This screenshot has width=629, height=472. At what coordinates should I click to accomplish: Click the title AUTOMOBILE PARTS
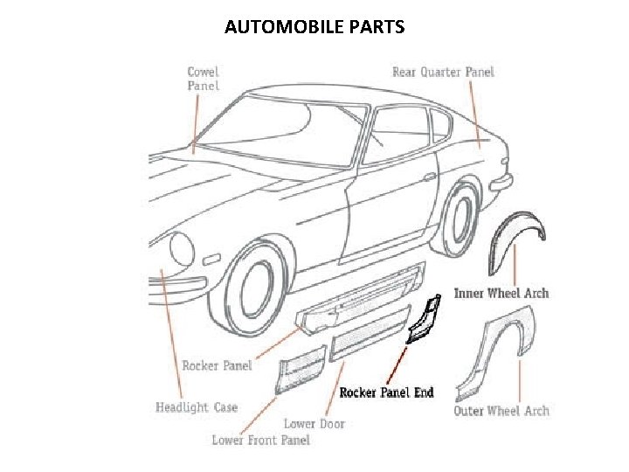[314, 27]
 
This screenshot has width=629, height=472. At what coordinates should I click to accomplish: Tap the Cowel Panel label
[203, 79]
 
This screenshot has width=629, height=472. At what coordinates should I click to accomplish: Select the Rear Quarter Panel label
[443, 72]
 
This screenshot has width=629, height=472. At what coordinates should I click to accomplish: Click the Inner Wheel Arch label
[501, 294]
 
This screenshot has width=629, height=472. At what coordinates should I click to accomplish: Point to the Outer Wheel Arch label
[501, 411]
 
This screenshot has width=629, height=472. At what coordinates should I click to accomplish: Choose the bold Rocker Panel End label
[386, 392]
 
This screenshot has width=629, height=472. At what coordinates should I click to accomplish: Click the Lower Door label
[314, 424]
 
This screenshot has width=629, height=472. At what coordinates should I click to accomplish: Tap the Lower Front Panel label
[260, 440]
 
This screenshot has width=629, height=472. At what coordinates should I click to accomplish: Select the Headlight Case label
[196, 407]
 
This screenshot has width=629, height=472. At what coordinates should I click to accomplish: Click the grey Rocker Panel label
[217, 365]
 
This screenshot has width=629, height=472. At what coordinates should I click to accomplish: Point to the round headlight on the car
[182, 248]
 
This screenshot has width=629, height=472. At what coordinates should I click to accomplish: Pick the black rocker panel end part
[423, 320]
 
